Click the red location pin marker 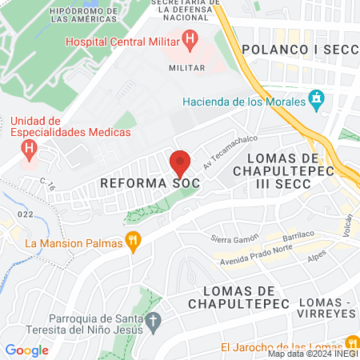[x=180, y=162]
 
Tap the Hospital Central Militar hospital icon [x=190, y=38]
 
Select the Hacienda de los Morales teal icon [x=317, y=101]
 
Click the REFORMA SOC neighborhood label [x=150, y=183]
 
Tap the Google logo [x=26, y=350]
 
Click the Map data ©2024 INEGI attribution [x=313, y=354]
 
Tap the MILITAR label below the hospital [x=186, y=68]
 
